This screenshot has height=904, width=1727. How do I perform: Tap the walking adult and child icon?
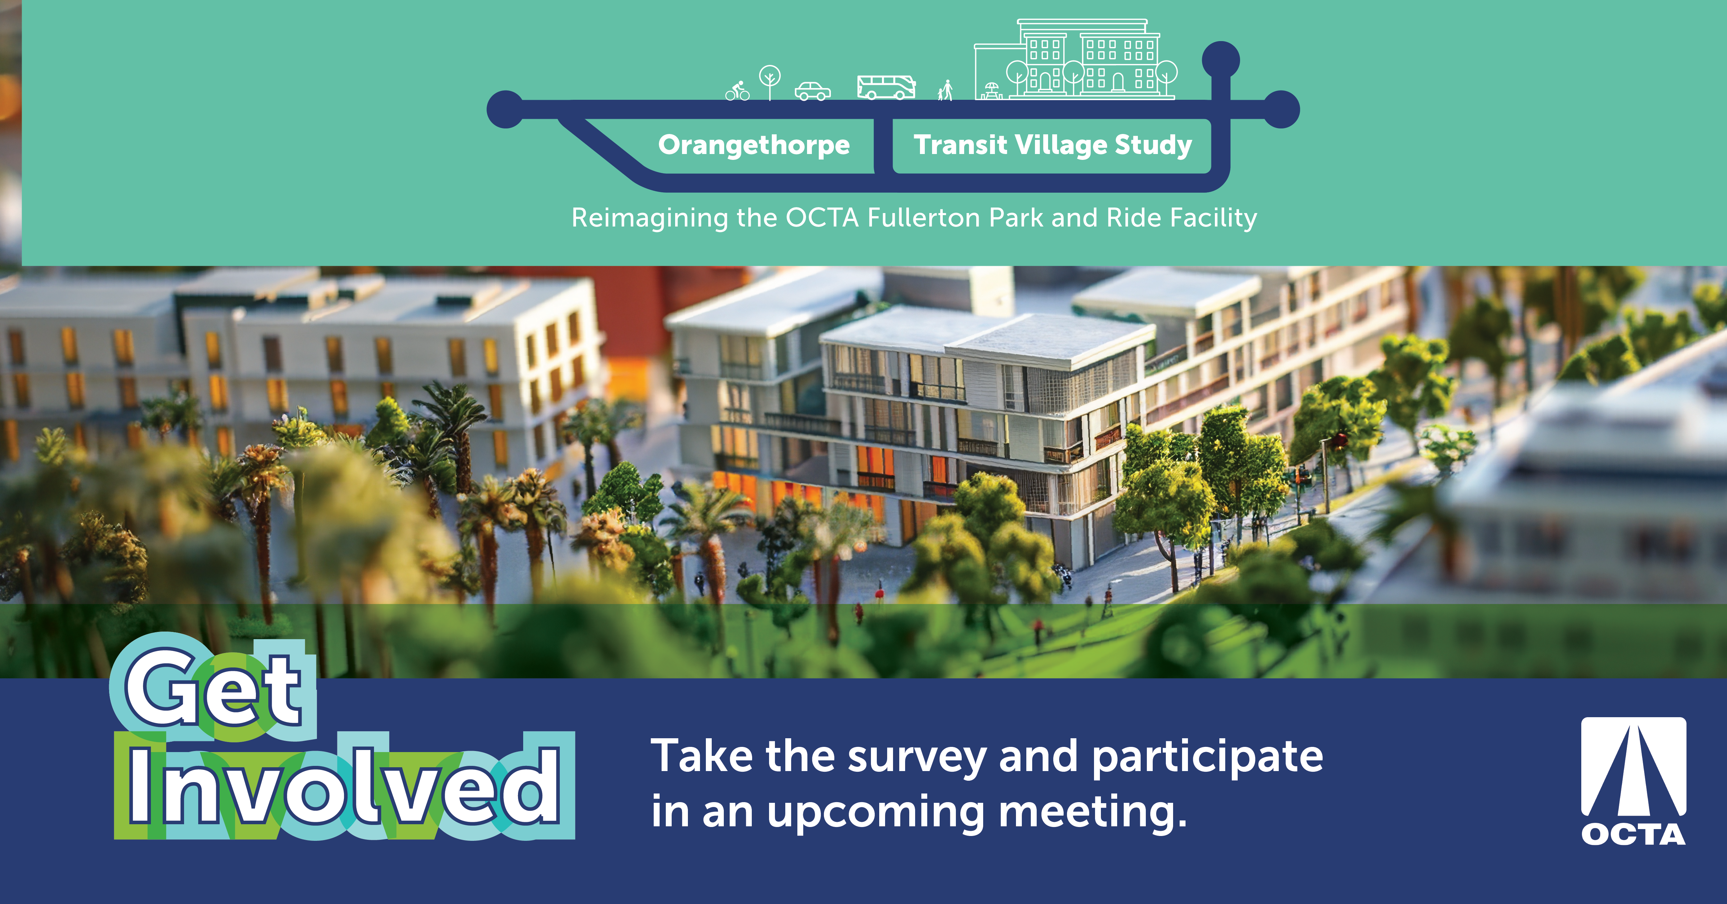coord(945,90)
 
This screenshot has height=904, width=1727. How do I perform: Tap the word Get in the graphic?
coord(213,689)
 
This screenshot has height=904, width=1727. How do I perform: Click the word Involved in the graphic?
coord(344,785)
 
